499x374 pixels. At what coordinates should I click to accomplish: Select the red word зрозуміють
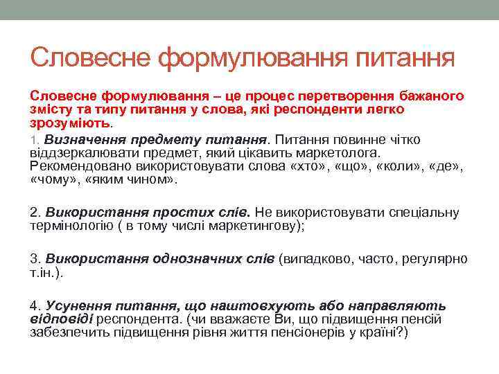pyautogui.click(x=69, y=122)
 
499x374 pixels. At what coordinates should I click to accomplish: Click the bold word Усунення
pyautogui.click(x=74, y=305)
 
